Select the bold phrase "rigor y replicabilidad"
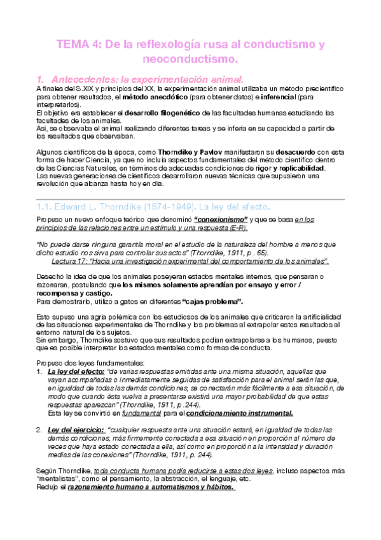click(x=287, y=167)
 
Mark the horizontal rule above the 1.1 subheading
click(x=191, y=199)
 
